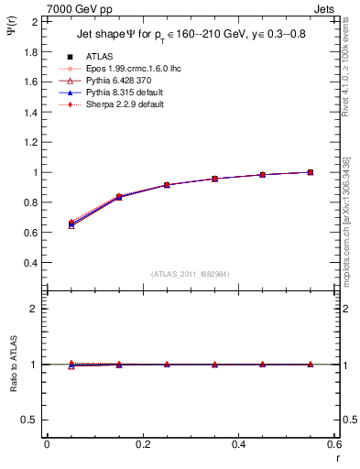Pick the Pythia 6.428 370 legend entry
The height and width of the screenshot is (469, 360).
click(x=109, y=81)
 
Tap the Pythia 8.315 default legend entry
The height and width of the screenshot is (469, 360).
click(x=113, y=93)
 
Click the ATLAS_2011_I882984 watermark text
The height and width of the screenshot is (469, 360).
click(x=190, y=274)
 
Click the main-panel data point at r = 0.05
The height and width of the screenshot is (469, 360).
click(x=71, y=224)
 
